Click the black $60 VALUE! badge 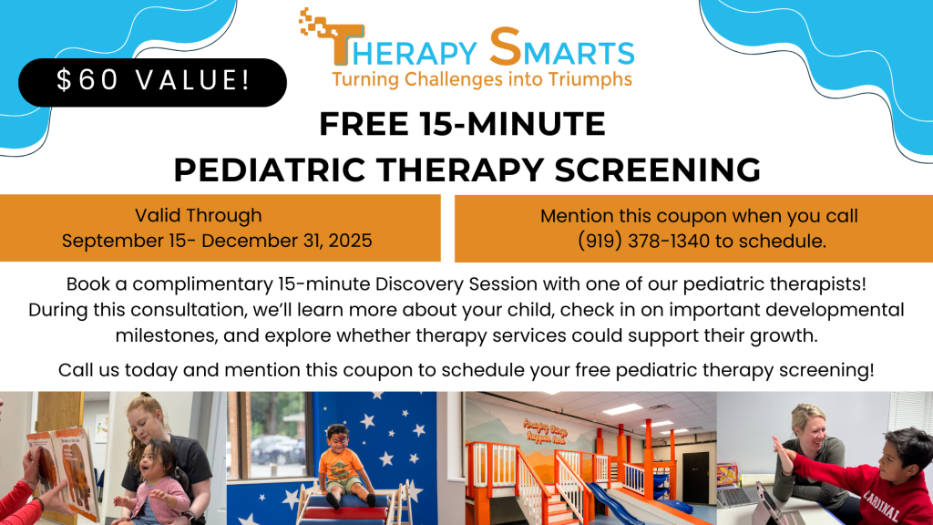point(152,82)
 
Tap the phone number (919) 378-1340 point(644,241)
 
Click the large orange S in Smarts point(505,46)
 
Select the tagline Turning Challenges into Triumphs point(482,80)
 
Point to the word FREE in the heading point(364,124)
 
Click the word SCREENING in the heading point(658,170)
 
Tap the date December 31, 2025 point(287,241)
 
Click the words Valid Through point(198,215)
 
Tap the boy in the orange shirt point(343,465)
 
